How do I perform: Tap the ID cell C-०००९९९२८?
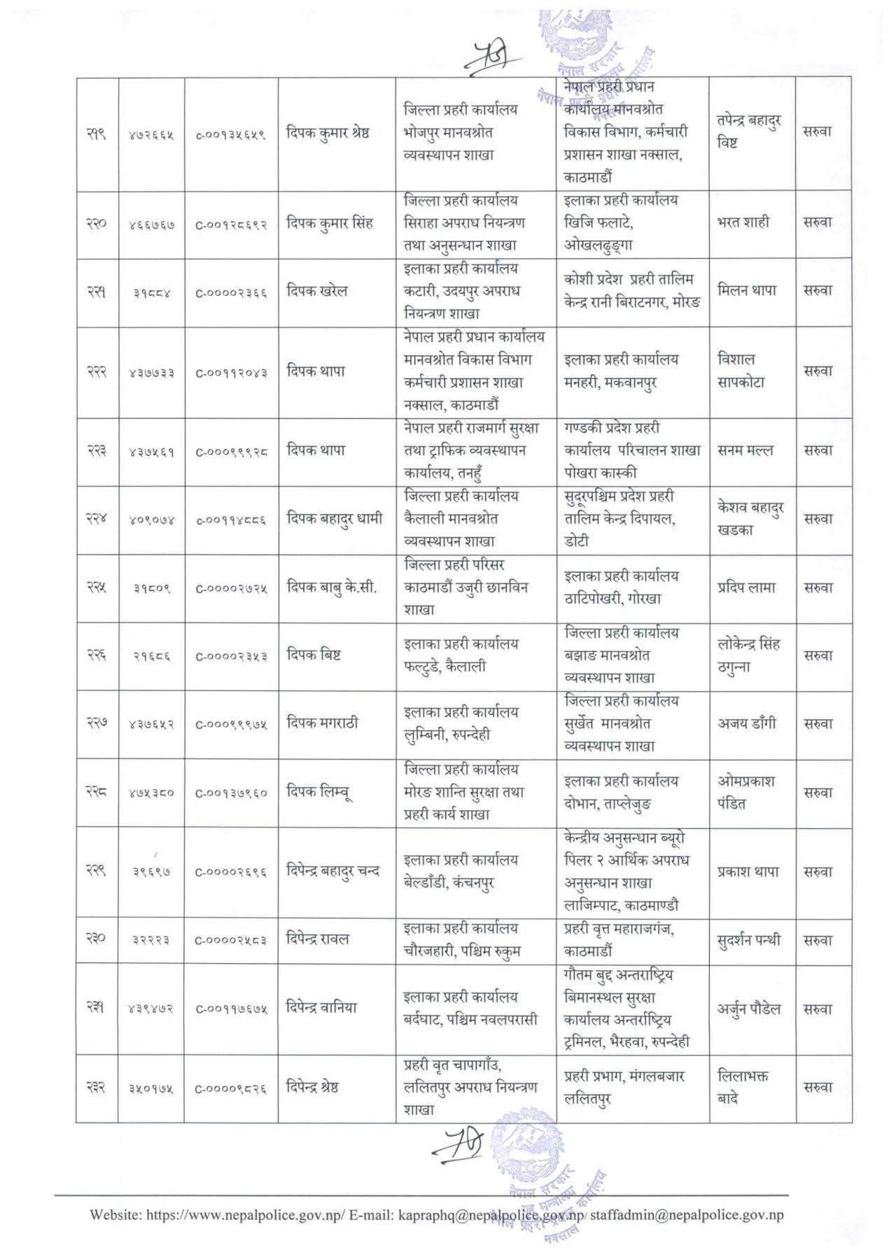[231, 452]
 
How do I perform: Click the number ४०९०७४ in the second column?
[151, 520]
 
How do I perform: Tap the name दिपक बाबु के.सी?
[332, 588]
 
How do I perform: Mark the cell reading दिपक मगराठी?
[323, 723]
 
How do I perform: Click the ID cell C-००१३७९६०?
[231, 793]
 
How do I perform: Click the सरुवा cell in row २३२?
[817, 1088]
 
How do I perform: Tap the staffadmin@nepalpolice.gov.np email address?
[687, 1214]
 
